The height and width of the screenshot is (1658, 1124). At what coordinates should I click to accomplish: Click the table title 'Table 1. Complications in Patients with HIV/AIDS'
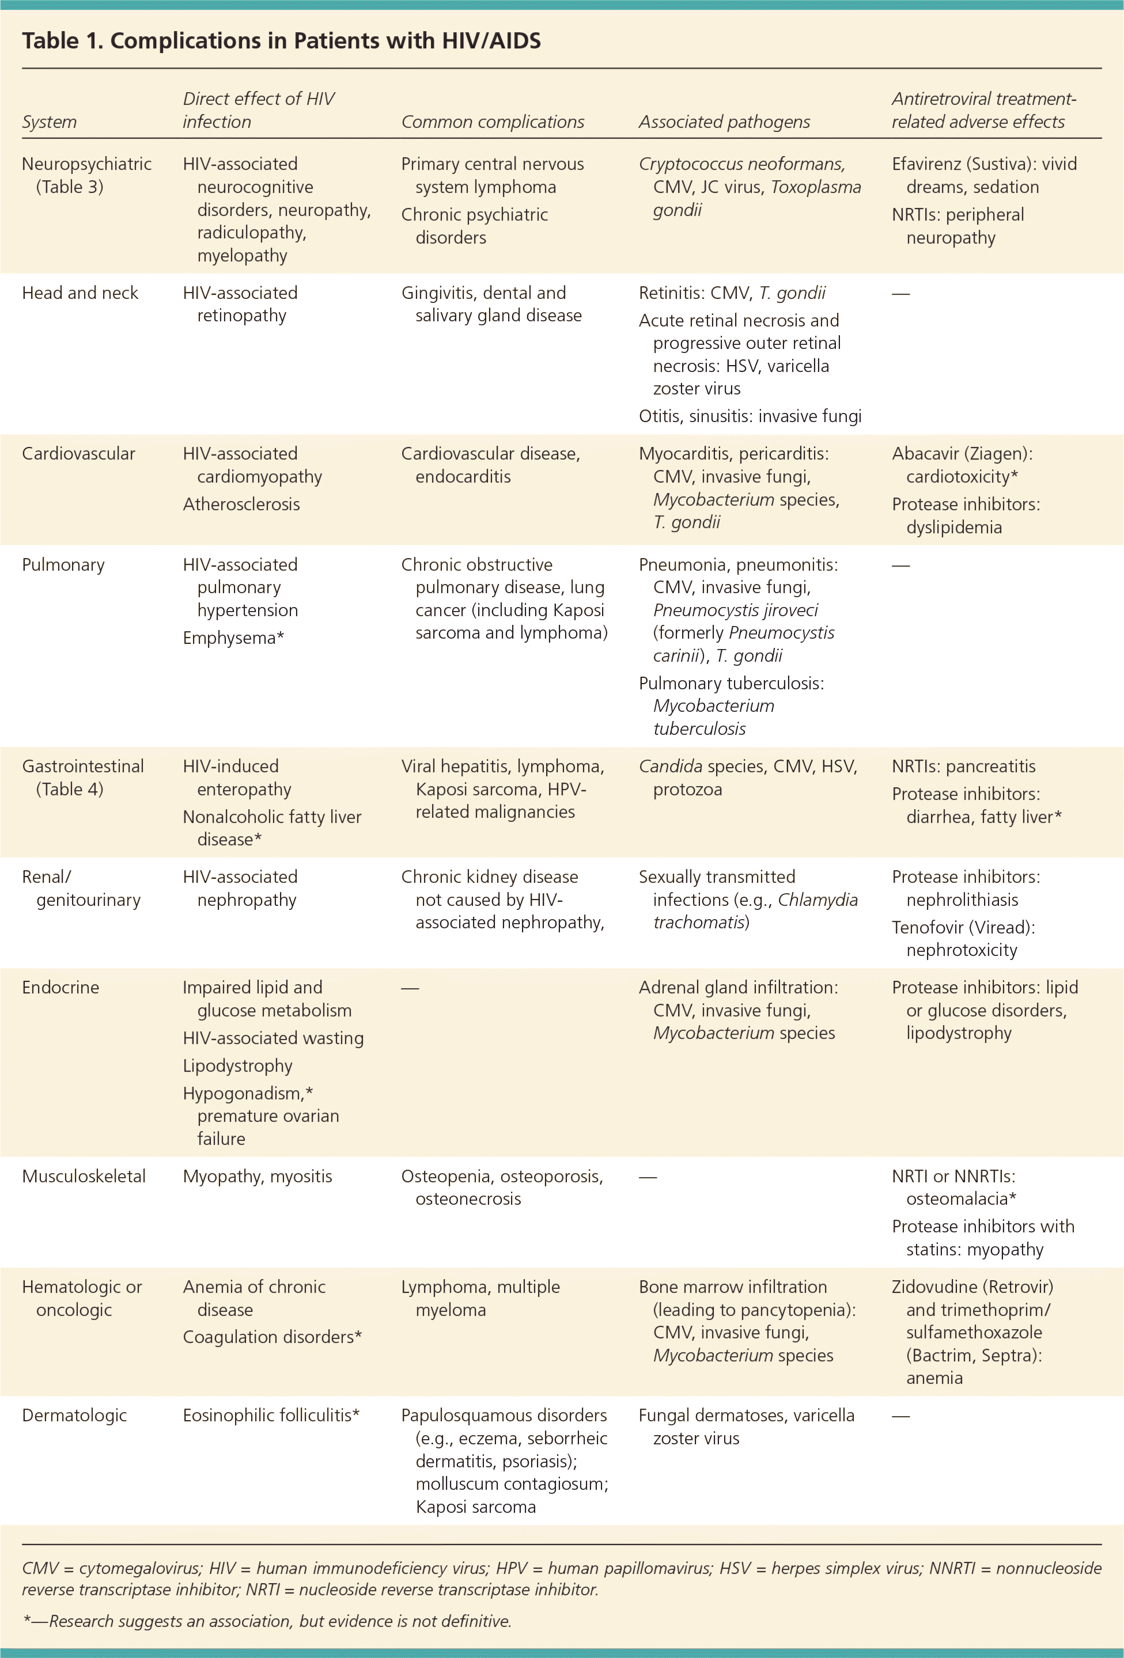pos(281,41)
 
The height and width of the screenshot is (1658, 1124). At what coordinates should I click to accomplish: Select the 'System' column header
pos(49,122)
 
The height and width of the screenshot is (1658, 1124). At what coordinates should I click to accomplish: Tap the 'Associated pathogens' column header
pos(724,122)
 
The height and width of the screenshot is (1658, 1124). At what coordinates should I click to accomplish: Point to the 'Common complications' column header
pos(493,122)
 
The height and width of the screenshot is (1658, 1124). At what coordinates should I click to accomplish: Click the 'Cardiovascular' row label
pos(78,454)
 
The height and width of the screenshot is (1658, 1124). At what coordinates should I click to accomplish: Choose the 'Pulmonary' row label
pos(63,564)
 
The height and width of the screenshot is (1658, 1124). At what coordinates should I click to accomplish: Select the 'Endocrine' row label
pos(60,988)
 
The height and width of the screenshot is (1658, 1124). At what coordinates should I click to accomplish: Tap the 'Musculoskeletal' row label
pos(84,1176)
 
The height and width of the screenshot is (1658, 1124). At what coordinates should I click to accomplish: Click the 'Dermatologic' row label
pos(74,1415)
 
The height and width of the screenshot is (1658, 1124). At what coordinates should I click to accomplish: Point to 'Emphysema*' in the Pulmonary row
pos(233,638)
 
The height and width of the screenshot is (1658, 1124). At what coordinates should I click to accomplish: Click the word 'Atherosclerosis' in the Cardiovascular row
pos(241,504)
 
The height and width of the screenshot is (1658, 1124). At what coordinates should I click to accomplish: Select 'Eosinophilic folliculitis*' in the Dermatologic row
pos(271,1415)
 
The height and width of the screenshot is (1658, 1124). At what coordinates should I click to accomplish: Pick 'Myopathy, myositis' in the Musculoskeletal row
pos(257,1176)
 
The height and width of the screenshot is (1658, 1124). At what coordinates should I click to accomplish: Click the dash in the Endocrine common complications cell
pos(410,988)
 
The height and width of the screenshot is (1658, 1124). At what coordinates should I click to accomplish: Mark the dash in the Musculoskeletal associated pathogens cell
pos(648,1177)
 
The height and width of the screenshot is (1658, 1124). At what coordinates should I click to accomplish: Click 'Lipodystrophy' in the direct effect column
pos(237,1066)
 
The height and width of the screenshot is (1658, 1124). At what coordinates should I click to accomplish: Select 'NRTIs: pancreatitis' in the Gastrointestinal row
pos(963,766)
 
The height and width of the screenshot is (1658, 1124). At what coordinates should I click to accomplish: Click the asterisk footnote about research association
pos(267,1621)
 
